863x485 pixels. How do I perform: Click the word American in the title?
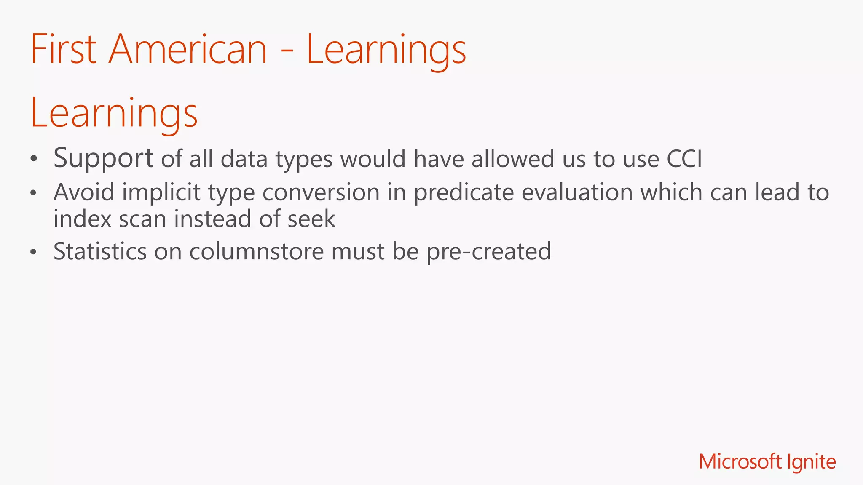pyautogui.click(x=188, y=50)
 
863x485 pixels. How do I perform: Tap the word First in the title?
pyautogui.click(x=64, y=50)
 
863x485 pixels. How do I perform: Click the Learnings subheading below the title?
pyautogui.click(x=114, y=113)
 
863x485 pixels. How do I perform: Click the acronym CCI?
pyautogui.click(x=684, y=159)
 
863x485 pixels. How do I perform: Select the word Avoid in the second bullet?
pyautogui.click(x=84, y=192)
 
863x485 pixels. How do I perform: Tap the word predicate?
pyautogui.click(x=464, y=193)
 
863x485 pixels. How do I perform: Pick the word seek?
pyautogui.click(x=311, y=219)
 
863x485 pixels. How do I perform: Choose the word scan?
pyautogui.click(x=142, y=219)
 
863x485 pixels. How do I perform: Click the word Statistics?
pyautogui.click(x=100, y=251)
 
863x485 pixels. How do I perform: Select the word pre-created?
pyautogui.click(x=488, y=252)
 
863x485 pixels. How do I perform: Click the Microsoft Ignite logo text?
pyautogui.click(x=767, y=462)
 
